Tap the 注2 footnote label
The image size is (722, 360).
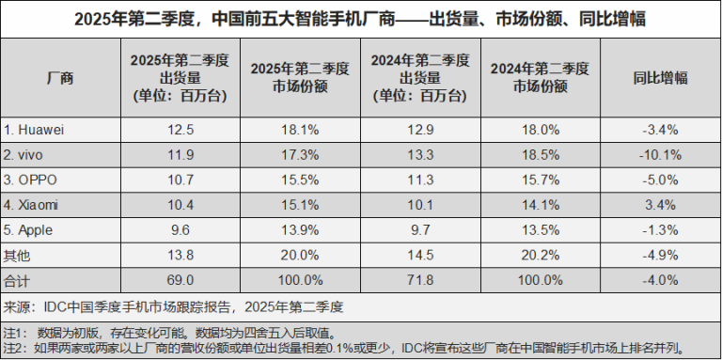click(x=13, y=348)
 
